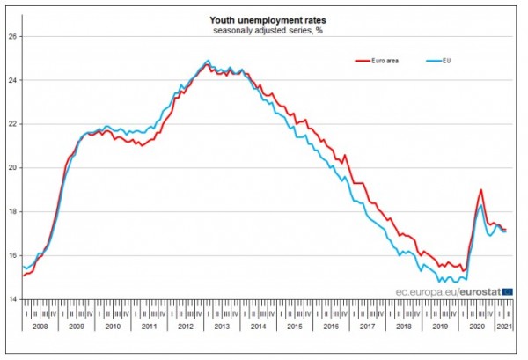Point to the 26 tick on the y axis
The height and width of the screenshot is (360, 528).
(13, 37)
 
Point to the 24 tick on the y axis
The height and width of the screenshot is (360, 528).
(13, 80)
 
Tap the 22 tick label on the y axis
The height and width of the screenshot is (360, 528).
(13, 124)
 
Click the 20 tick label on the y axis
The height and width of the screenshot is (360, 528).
(13, 167)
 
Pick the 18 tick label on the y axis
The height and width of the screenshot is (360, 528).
(13, 211)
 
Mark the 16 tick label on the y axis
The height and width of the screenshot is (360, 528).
(13, 255)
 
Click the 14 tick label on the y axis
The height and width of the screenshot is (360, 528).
(13, 299)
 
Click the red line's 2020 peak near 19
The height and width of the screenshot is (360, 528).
(480, 189)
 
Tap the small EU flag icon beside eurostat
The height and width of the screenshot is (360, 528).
(508, 290)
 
